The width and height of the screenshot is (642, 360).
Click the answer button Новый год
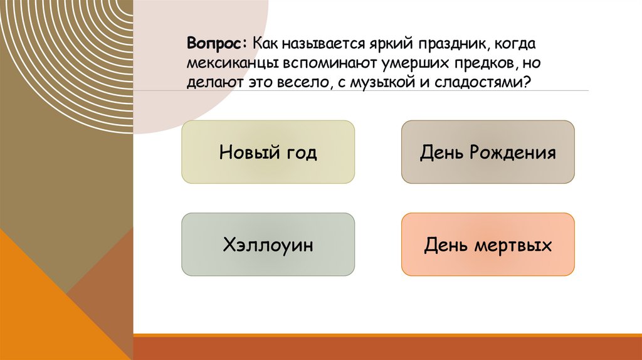click(x=268, y=152)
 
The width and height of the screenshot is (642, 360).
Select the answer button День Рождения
click(x=488, y=152)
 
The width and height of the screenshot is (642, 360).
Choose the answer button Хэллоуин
click(x=268, y=244)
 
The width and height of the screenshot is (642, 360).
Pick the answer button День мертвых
click(x=488, y=244)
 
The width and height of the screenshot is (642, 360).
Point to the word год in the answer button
click(x=300, y=152)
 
